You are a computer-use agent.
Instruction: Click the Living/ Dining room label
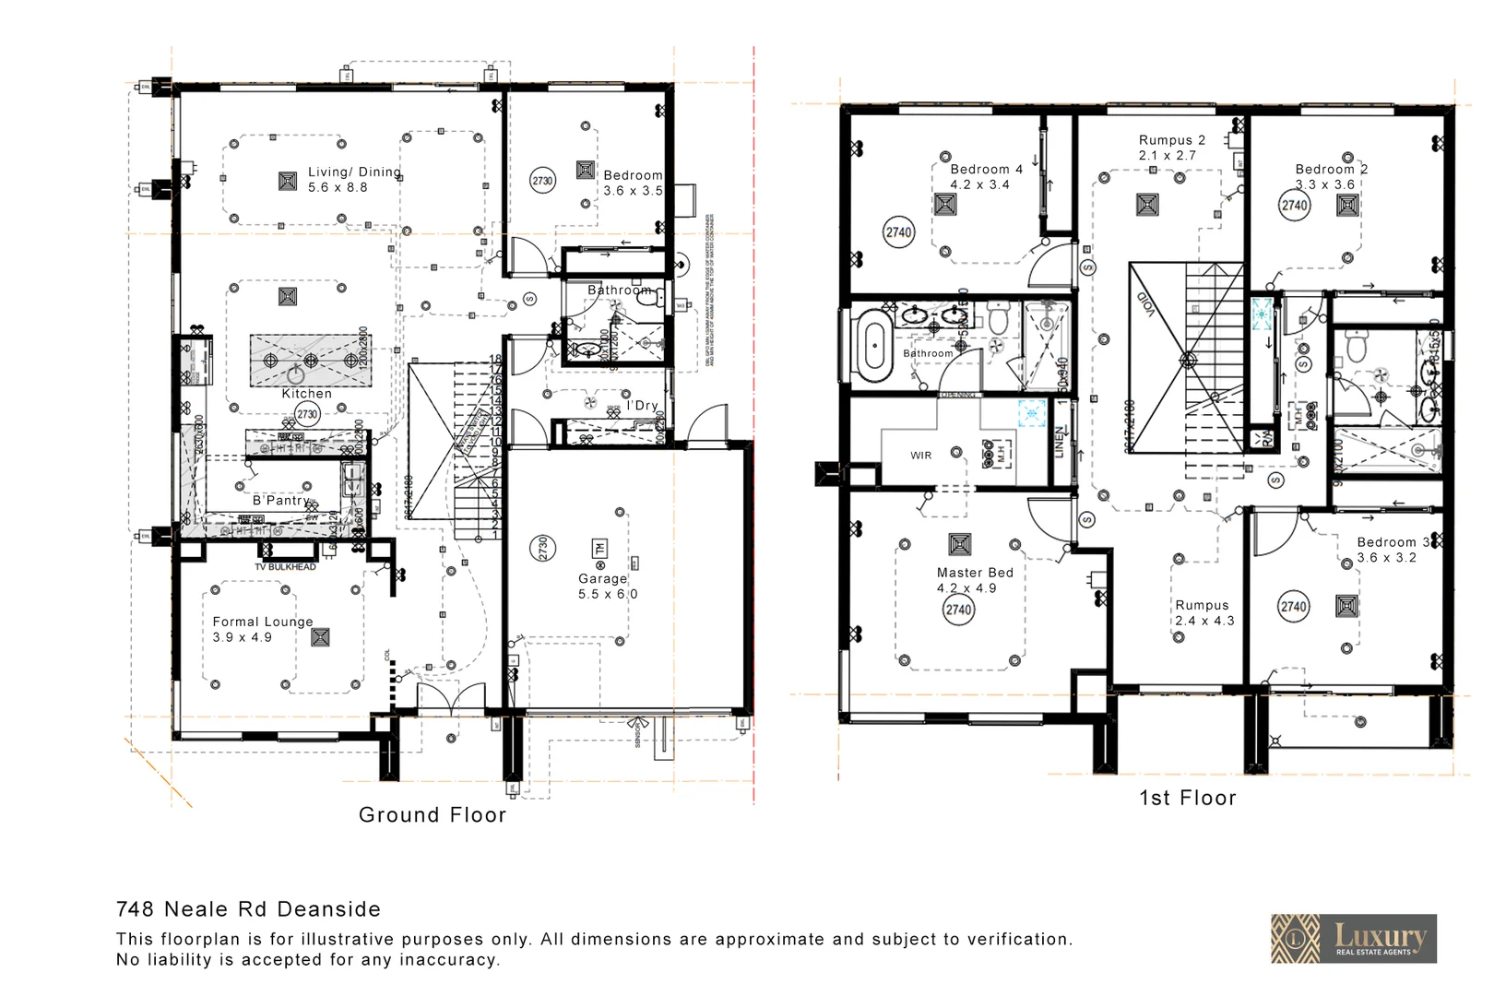[353, 179]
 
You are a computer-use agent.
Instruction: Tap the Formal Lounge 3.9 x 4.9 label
[262, 629]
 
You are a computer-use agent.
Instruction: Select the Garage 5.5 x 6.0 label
[607, 586]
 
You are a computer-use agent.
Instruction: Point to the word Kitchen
[306, 394]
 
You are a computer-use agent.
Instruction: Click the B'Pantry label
[280, 500]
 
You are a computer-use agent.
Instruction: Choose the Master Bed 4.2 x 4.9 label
[974, 579]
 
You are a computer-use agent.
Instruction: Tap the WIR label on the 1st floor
[920, 456]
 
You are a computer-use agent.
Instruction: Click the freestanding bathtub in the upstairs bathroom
[872, 346]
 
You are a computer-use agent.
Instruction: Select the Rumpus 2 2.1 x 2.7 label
[1170, 148]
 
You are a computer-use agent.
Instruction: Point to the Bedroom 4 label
[985, 170]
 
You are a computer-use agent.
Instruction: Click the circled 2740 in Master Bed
[958, 610]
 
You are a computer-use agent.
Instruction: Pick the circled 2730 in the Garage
[542, 549]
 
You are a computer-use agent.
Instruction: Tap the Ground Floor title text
[433, 815]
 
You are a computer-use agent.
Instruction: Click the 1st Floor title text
[1187, 799]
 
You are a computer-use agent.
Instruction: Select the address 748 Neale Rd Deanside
[248, 909]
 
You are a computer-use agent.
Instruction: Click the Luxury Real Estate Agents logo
[1353, 939]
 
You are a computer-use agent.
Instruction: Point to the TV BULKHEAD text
[285, 567]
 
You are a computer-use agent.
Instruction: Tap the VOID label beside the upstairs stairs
[1144, 303]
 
